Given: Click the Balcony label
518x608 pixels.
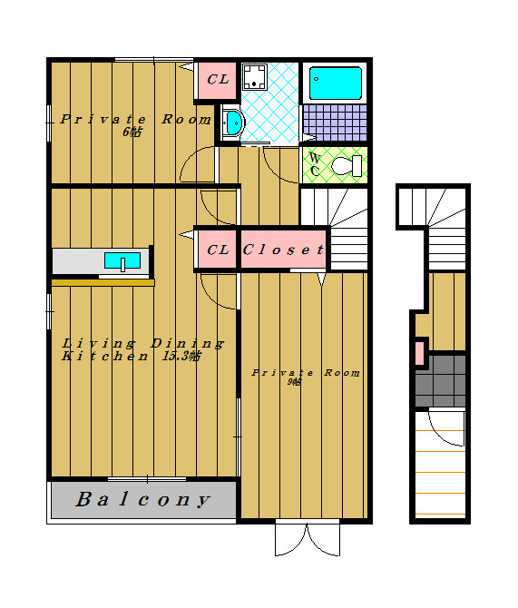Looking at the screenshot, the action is pyautogui.click(x=142, y=499).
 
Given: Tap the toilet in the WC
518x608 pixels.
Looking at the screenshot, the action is pyautogui.click(x=347, y=165).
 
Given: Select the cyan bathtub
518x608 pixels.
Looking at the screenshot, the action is pyautogui.click(x=336, y=83).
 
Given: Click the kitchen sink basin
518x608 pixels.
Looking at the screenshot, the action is pyautogui.click(x=122, y=260).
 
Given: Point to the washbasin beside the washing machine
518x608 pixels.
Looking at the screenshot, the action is pyautogui.click(x=233, y=123).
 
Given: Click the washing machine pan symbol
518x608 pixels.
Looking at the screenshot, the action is pyautogui.click(x=254, y=77).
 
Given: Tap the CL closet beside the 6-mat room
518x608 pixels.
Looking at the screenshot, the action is pyautogui.click(x=217, y=80).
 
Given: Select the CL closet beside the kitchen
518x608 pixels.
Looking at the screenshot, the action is pyautogui.click(x=217, y=250).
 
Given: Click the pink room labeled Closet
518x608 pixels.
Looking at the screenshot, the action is pyautogui.click(x=283, y=250).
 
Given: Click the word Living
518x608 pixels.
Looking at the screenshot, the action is pyautogui.click(x=99, y=343).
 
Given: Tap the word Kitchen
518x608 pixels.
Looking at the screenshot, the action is pyautogui.click(x=104, y=356).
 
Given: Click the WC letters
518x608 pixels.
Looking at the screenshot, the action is pyautogui.click(x=315, y=164).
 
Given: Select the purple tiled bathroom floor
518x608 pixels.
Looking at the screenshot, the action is pyautogui.click(x=335, y=123).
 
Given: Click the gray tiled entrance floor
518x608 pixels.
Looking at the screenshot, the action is pyautogui.click(x=440, y=380).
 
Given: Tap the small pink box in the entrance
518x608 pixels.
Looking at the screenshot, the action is pyautogui.click(x=419, y=353).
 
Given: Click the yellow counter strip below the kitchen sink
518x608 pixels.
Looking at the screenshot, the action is pyautogui.click(x=103, y=282).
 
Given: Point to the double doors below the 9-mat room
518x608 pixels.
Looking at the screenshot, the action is pyautogui.click(x=308, y=539).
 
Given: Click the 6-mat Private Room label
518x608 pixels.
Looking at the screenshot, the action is pyautogui.click(x=136, y=124).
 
